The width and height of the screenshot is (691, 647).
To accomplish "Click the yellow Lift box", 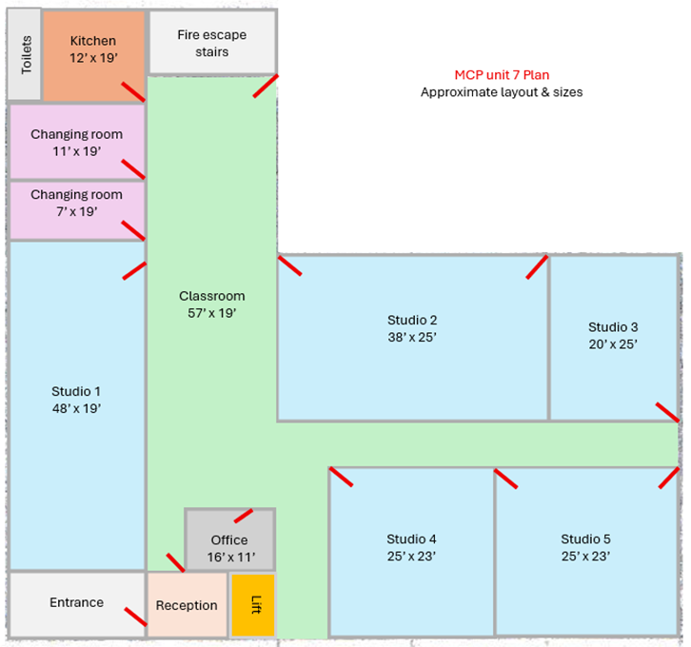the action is [253, 605].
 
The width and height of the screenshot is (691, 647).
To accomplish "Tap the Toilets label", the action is [27, 54].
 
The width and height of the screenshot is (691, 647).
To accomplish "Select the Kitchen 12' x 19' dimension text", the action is [93, 58].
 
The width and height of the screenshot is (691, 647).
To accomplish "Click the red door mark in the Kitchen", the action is [133, 91].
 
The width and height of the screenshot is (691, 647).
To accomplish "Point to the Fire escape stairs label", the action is [212, 43].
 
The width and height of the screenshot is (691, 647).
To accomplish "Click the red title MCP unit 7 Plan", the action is [502, 75].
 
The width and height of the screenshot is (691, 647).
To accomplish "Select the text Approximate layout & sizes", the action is [502, 92].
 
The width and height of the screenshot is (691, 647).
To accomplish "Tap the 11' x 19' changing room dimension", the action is [77, 151].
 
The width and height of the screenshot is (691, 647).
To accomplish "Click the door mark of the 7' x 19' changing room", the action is [133, 231].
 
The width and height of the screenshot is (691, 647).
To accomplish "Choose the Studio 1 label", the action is [76, 391].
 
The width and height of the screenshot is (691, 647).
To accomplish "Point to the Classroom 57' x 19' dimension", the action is [212, 313].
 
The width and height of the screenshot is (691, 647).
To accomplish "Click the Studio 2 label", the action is [412, 320].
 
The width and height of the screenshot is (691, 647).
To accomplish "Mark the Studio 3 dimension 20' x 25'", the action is [613, 344].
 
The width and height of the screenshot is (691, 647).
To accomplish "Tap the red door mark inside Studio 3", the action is [667, 413].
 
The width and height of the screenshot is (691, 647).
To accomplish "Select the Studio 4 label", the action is [411, 539].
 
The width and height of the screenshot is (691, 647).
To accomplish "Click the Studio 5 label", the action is [585, 539].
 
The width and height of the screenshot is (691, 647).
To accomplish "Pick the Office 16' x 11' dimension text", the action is [231, 558].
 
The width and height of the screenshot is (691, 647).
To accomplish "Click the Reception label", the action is [187, 605].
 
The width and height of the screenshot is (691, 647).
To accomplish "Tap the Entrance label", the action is [77, 602].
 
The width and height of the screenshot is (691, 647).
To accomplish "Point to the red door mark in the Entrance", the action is [136, 617].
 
